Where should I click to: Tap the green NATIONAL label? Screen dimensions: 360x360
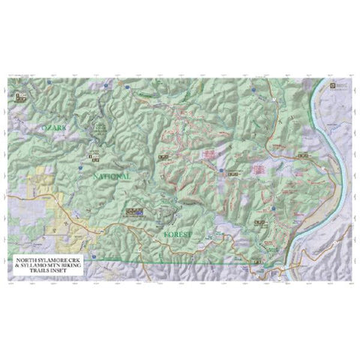pyautogui.click(x=112, y=175)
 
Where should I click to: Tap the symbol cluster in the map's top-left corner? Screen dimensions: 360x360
pyautogui.click(x=19, y=97)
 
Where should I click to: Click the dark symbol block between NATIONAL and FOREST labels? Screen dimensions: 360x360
pyautogui.click(x=136, y=212)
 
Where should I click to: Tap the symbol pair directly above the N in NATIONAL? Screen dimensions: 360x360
pyautogui.click(x=94, y=157)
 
